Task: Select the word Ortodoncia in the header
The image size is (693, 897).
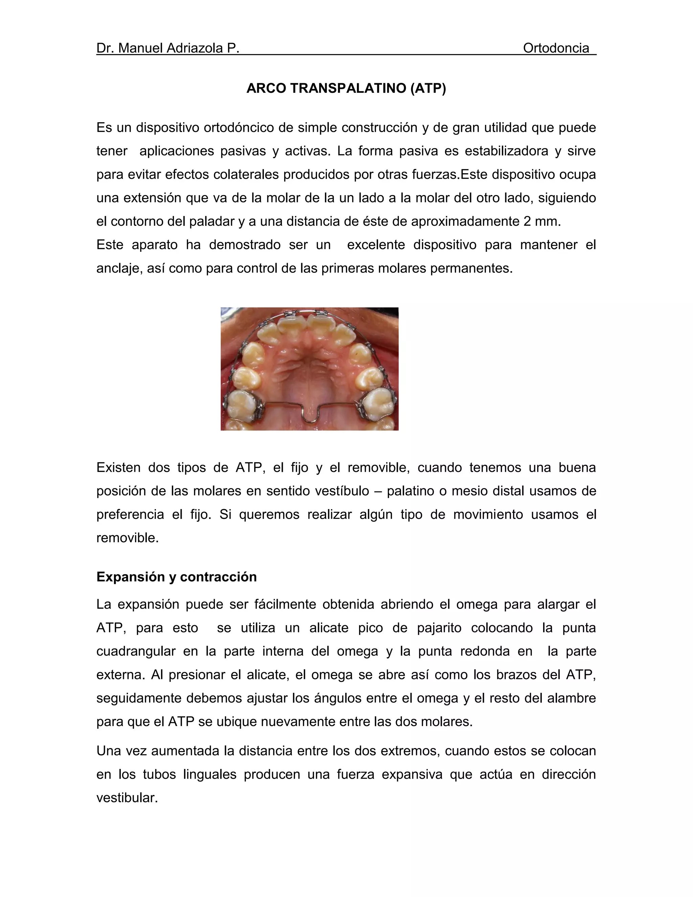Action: (556, 48)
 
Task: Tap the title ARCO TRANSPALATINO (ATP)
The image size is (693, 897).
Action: (346, 88)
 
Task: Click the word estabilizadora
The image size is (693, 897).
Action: (506, 151)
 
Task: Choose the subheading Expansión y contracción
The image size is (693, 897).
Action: (177, 577)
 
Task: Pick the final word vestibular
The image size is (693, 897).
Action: (127, 798)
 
